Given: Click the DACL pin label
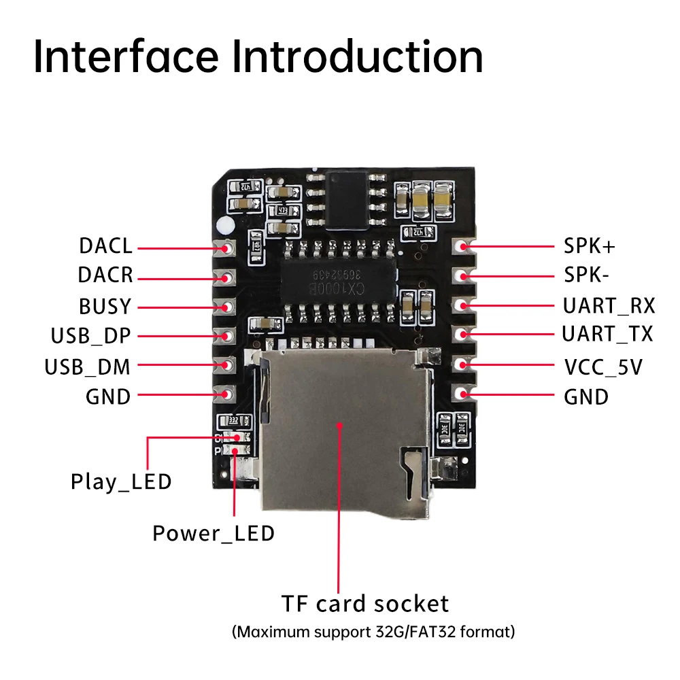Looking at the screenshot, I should click(105, 246).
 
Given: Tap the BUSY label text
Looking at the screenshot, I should click(105, 307).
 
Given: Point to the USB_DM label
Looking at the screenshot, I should click(87, 367).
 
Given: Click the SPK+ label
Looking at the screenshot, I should click(590, 246).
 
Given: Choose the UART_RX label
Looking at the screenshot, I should click(609, 306).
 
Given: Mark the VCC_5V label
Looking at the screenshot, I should click(603, 368).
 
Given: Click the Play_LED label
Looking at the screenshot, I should click(121, 482).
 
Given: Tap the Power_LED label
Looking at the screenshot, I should click(214, 534).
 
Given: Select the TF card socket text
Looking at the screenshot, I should click(365, 604).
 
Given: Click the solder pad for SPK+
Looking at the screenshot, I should click(463, 246).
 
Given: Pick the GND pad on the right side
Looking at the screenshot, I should click(463, 394).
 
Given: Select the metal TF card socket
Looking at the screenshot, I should click(343, 428).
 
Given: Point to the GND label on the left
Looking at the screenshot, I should click(108, 396).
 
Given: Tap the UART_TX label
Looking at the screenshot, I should click(607, 334).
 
